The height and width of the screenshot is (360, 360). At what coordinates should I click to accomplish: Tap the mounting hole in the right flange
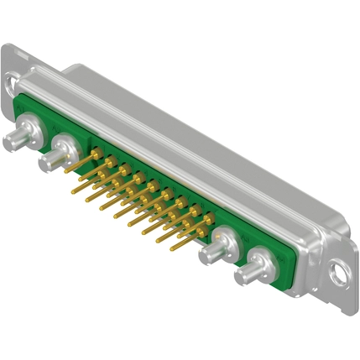[339, 273]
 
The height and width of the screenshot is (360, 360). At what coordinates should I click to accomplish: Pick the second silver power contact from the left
[61, 154]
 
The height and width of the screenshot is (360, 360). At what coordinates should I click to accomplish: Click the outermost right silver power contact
[253, 271]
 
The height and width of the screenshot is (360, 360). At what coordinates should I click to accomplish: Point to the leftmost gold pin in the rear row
[98, 154]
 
